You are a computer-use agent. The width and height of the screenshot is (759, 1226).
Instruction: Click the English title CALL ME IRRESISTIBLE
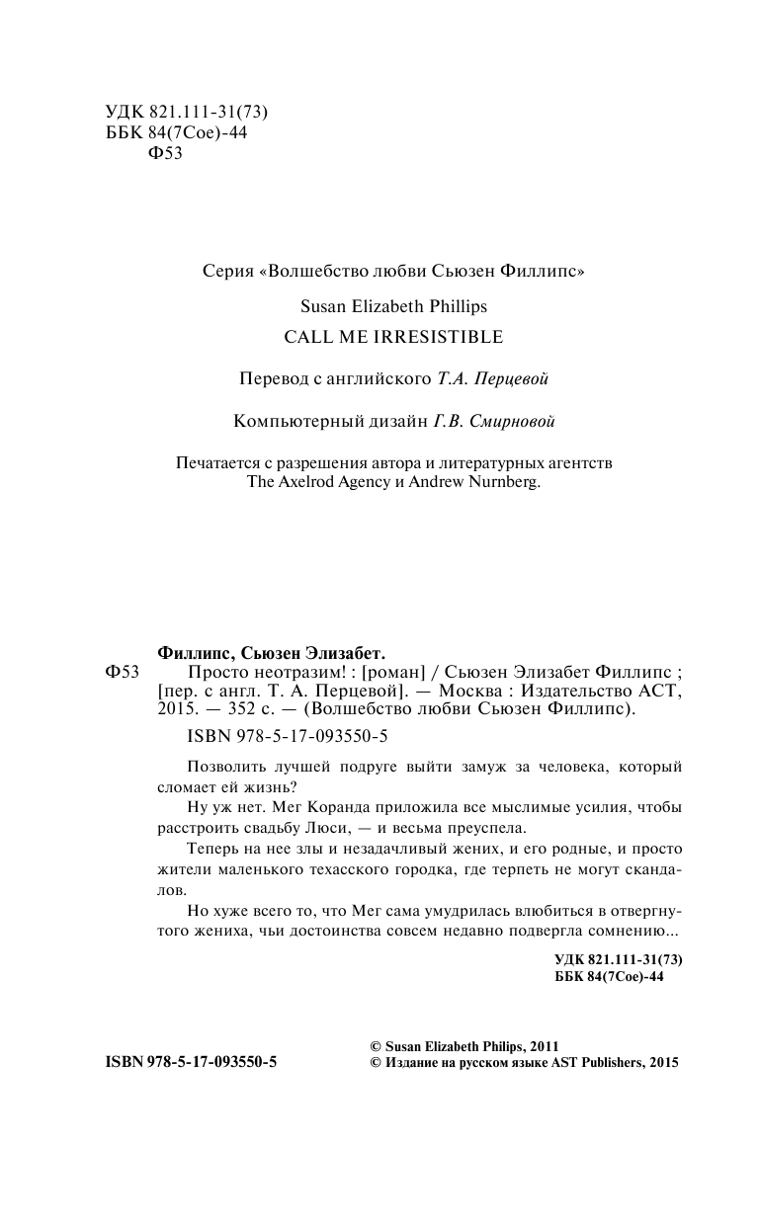pyautogui.click(x=393, y=337)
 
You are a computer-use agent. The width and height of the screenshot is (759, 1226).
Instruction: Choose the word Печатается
pyautogui.click(x=220, y=463)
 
